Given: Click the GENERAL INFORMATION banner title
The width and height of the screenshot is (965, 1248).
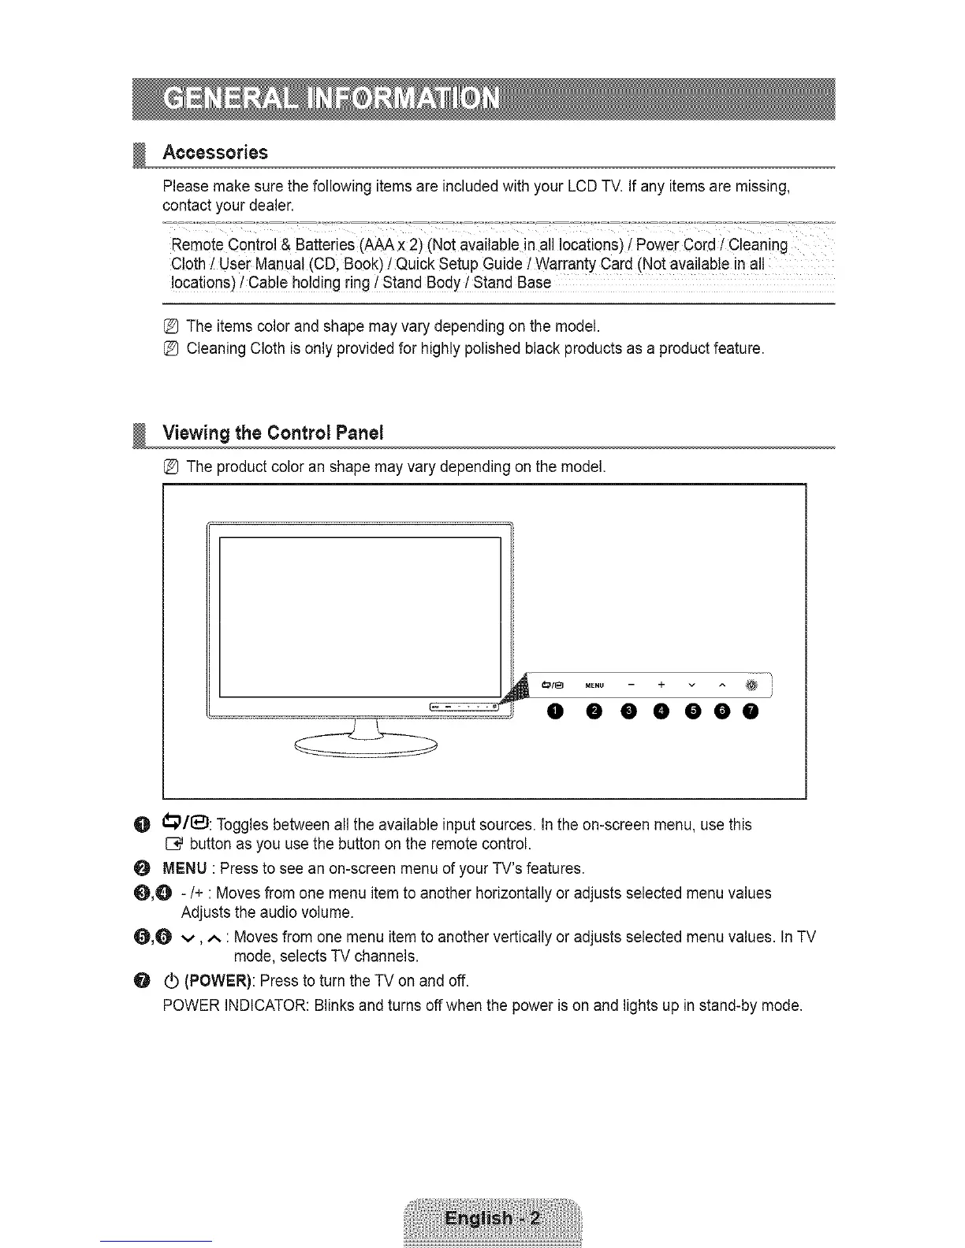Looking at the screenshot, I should click(x=330, y=100).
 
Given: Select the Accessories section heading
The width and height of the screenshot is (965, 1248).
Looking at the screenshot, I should click(x=214, y=152).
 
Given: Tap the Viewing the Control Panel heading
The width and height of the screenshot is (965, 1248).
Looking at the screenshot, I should click(x=272, y=433).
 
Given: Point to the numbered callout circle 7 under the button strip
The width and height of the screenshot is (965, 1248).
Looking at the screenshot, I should click(x=751, y=712).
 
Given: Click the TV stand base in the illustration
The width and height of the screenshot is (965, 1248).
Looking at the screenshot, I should click(x=365, y=745).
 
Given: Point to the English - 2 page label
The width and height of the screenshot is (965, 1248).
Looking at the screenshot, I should click(x=493, y=1219).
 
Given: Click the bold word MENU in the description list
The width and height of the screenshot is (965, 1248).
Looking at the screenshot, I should click(x=184, y=868).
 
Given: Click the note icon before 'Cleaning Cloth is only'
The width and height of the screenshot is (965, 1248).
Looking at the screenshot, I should click(x=171, y=348).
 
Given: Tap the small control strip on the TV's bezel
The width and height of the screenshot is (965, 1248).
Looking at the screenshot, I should click(x=464, y=707).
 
